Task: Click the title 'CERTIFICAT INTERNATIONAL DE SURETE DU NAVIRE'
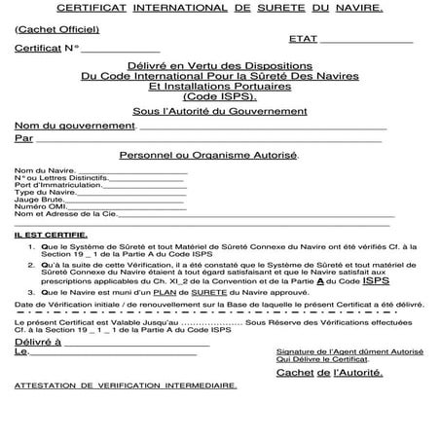click(220, 8)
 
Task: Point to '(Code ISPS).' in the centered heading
click(221, 98)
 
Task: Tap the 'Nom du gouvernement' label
click(74, 127)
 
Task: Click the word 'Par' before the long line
click(24, 139)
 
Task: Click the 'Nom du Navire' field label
click(39, 171)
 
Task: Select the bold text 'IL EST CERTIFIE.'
click(51, 235)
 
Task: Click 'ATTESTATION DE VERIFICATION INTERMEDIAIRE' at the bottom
click(127, 385)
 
